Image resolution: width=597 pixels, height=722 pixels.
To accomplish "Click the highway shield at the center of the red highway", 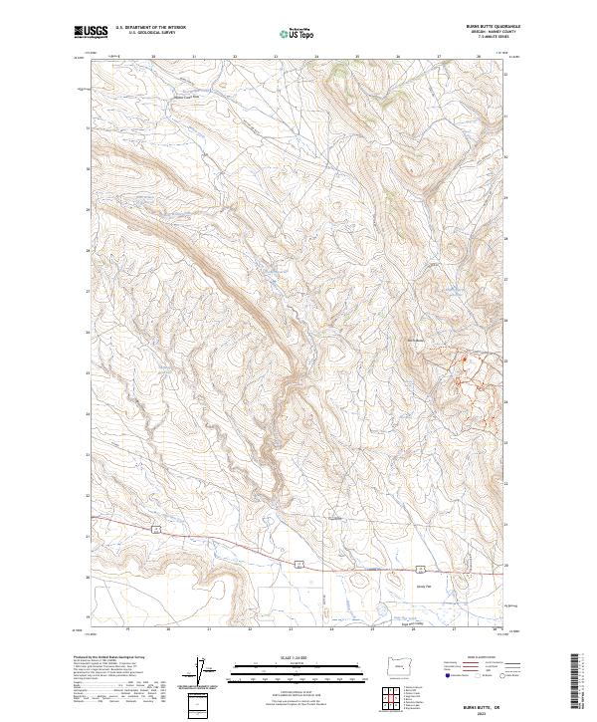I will (x=298, y=564).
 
